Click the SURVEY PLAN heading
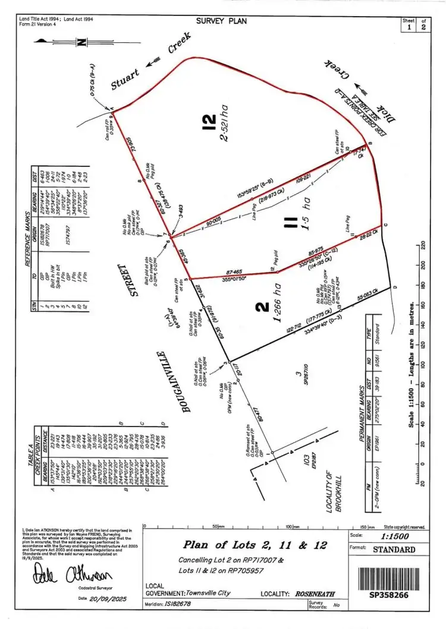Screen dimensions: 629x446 [221, 21]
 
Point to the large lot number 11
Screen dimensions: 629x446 [291, 223]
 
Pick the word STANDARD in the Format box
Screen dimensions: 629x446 [394, 549]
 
